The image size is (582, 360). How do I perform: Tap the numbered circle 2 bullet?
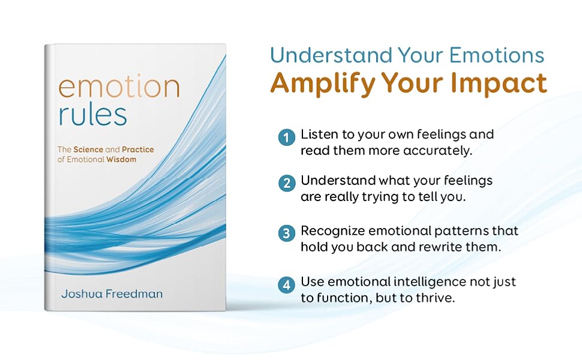pos(287,183)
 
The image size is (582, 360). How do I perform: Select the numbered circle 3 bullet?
pos(287,233)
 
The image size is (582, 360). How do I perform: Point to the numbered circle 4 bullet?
pos(287,284)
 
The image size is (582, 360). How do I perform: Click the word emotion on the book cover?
pos(118,88)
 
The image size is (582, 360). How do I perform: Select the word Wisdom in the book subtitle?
pos(122,159)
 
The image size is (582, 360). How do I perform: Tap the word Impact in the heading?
pos(505,83)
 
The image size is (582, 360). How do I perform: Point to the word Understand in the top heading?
pos(332,55)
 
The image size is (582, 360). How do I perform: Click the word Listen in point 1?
pos(319,134)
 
